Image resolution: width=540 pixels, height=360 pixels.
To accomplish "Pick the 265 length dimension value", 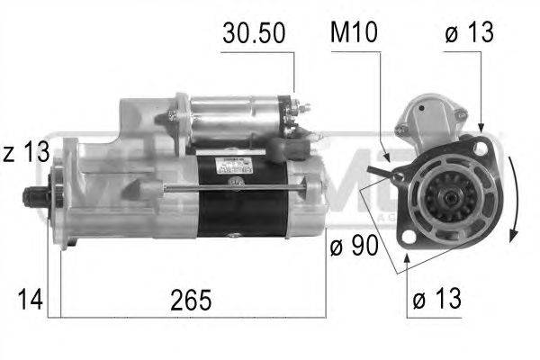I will click(x=193, y=300).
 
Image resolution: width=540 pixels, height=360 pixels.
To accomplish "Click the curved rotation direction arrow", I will click(x=510, y=198).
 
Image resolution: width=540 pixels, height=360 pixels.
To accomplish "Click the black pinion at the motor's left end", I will click(x=36, y=195).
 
